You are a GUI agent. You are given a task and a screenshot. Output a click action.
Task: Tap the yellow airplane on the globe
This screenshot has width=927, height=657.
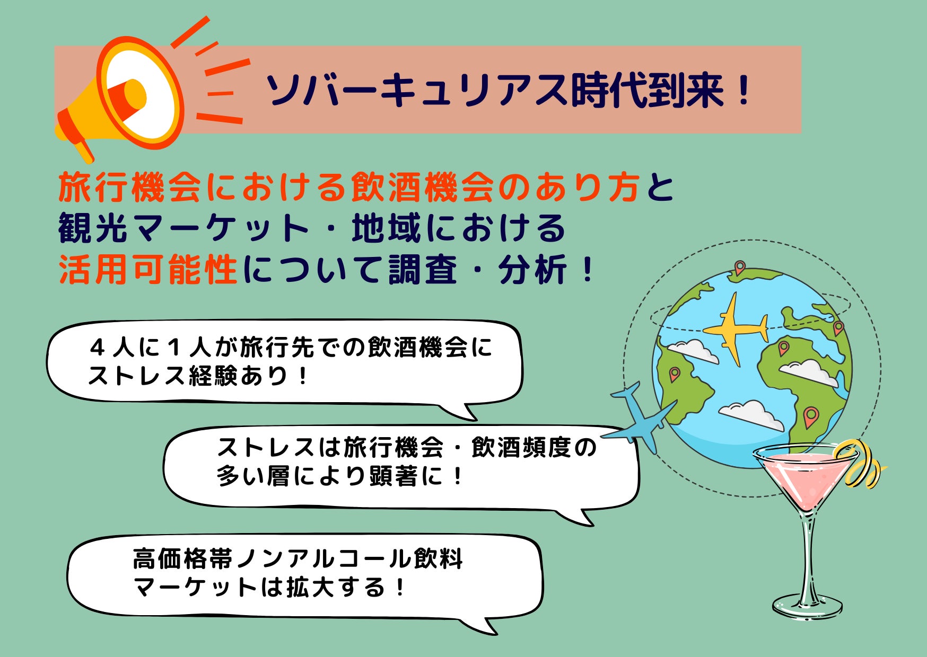coord(735,328)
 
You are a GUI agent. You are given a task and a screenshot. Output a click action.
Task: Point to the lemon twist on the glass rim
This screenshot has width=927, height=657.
coord(859,463)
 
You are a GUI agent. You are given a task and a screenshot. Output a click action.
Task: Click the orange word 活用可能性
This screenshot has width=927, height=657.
coord(148,269)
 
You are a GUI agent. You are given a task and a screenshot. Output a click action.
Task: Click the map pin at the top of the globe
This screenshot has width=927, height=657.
coord(739,267)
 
